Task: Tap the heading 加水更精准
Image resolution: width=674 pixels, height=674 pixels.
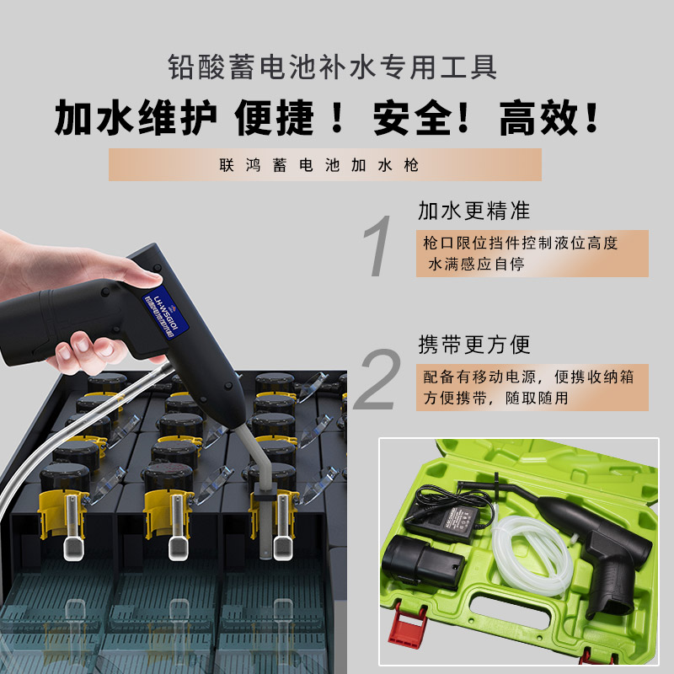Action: [x=473, y=211]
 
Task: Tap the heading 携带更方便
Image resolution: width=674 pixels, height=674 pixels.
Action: [x=473, y=345]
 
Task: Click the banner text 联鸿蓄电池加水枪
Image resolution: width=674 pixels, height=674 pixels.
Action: [x=324, y=165]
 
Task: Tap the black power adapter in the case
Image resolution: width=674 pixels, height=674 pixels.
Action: [x=441, y=515]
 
